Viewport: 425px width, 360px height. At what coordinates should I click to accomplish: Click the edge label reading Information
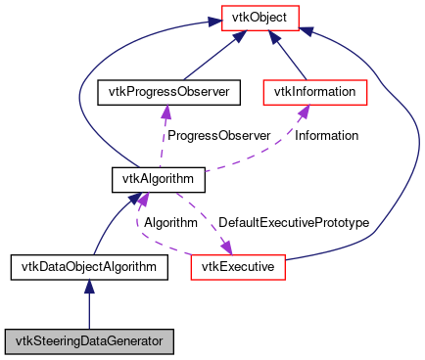coord(326,135)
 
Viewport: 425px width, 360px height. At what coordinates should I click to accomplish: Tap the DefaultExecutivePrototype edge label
coord(294,223)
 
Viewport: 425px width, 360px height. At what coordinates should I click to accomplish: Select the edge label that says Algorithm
coord(171,223)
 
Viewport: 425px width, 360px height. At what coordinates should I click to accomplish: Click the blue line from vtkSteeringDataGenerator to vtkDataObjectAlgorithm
coord(89,308)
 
